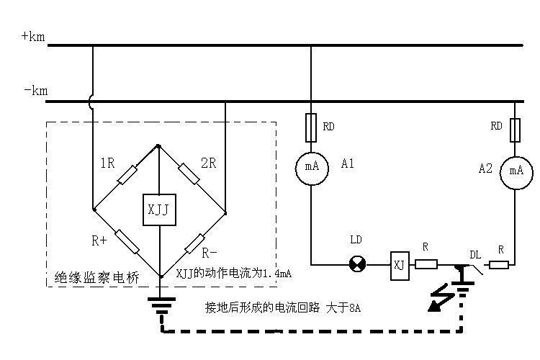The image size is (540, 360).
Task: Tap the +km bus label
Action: click(x=33, y=36)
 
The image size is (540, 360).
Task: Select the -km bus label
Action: click(x=36, y=91)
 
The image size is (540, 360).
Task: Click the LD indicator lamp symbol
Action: click(x=357, y=264)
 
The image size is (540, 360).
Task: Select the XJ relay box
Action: click(x=400, y=265)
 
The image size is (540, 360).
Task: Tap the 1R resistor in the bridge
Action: click(x=127, y=175)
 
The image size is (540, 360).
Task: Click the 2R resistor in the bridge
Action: click(x=189, y=174)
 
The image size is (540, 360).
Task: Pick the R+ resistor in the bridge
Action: click(x=127, y=241)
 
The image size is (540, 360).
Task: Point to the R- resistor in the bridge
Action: click(x=195, y=243)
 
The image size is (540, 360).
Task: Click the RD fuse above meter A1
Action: click(x=311, y=128)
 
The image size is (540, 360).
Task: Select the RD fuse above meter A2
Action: click(x=515, y=130)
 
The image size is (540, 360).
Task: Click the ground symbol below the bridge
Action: click(x=161, y=306)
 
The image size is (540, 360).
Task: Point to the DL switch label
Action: click(x=475, y=255)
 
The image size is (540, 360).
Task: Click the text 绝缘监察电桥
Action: click(x=96, y=277)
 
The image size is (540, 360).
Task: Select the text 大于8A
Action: click(x=343, y=307)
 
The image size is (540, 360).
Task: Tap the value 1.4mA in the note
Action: click(x=277, y=274)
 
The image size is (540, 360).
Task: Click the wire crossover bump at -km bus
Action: click(x=91, y=102)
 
